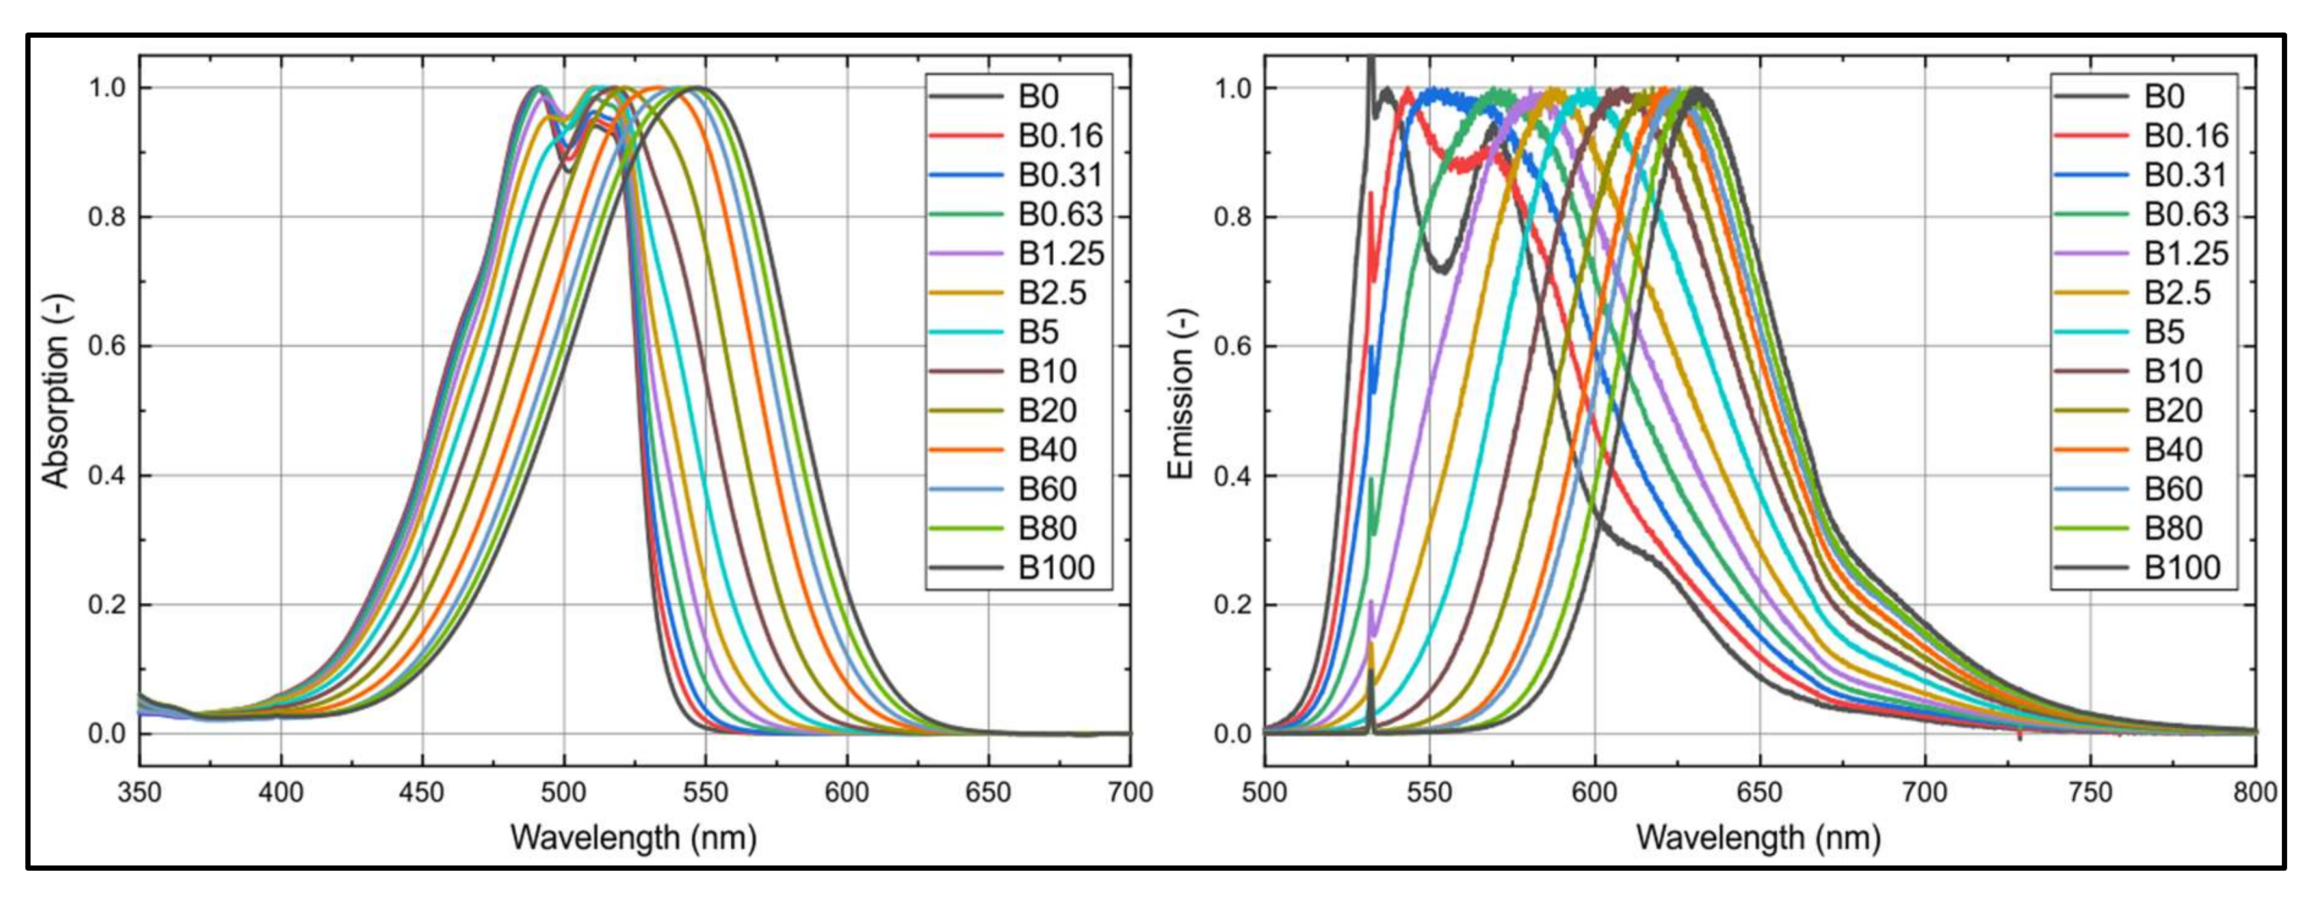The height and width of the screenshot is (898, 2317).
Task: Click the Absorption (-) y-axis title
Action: [x=56, y=392]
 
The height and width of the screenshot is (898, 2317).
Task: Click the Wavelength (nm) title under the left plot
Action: [x=633, y=838]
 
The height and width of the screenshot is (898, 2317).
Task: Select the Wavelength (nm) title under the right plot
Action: [x=1759, y=838]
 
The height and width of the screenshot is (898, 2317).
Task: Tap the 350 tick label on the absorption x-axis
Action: [x=139, y=793]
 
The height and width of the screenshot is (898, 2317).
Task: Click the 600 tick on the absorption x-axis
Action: [x=846, y=793]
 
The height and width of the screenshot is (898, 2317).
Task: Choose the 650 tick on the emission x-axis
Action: [x=1759, y=793]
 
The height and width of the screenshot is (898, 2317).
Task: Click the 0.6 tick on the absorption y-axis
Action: [x=106, y=347]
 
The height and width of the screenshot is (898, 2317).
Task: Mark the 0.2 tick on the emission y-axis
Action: [x=1232, y=605]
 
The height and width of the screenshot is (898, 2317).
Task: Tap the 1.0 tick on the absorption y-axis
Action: [x=106, y=88]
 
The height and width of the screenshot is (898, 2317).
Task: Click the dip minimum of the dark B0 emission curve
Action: [x=1442, y=268]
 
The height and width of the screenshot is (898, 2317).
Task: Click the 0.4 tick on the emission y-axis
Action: [x=1232, y=475]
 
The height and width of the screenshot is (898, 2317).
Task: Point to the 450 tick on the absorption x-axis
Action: [x=422, y=793]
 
